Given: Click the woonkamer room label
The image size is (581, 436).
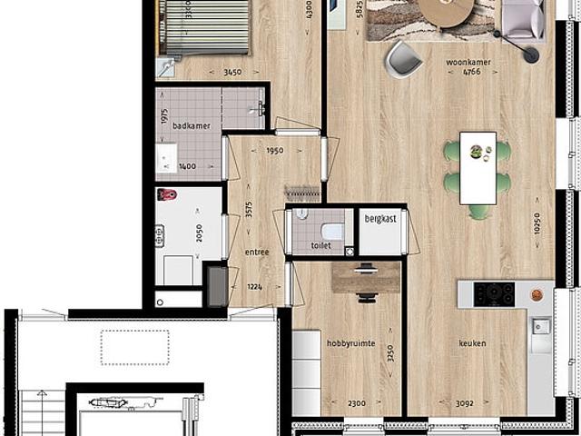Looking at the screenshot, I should tap(468, 62).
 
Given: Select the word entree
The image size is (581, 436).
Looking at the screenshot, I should tap(257, 252).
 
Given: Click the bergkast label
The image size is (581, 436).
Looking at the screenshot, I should tap(379, 220).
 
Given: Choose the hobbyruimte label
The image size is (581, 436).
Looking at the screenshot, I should tap(350, 342).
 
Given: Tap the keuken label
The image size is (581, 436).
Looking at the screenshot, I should tap(472, 342).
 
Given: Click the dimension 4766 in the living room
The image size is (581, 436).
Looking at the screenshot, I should tap(468, 74).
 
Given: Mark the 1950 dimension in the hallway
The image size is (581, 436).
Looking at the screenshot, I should tap(275, 152).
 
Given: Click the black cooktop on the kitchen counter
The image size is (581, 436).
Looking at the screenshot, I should tap(496, 293).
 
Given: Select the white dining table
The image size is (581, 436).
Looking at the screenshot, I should tap(478, 168).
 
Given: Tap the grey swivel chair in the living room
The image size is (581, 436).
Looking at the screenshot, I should tap(402, 58).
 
